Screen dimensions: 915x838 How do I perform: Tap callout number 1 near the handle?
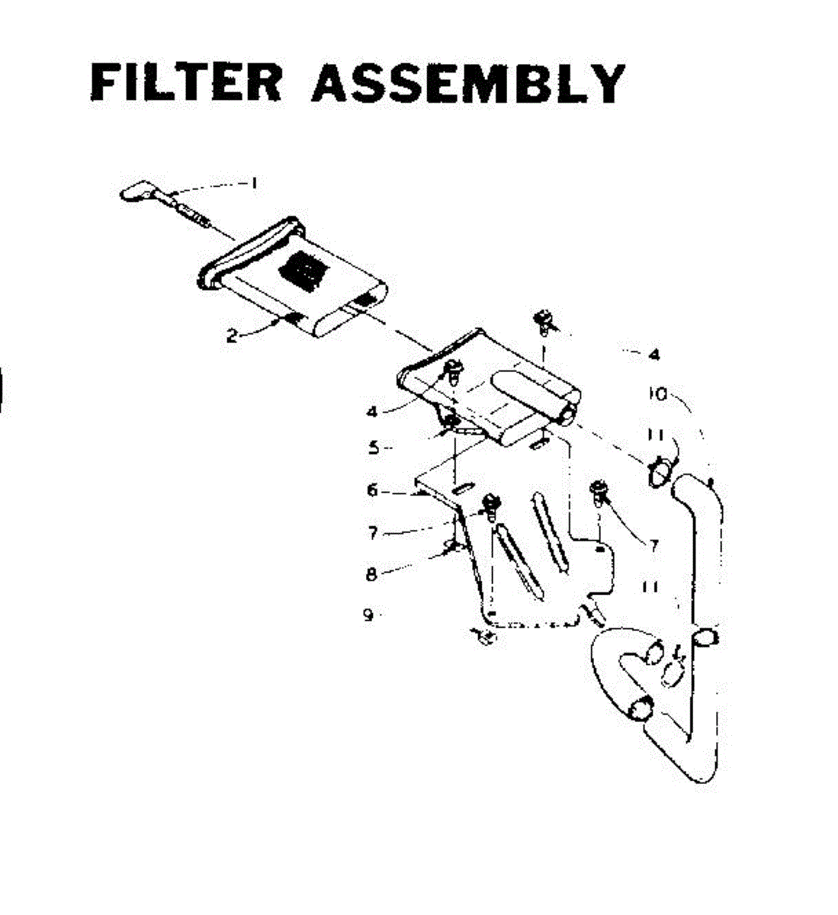pyautogui.click(x=253, y=183)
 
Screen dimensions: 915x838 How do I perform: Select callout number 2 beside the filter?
pyautogui.click(x=232, y=335)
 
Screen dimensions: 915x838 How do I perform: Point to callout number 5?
pyautogui.click(x=374, y=448)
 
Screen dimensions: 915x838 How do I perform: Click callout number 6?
pyautogui.click(x=372, y=491)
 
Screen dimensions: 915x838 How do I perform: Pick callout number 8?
pyautogui.click(x=371, y=575)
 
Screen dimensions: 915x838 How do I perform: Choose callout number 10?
pyautogui.click(x=656, y=394)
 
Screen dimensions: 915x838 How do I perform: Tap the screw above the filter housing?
pyautogui.click(x=545, y=320)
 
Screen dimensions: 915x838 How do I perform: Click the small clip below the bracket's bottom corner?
pyautogui.click(x=481, y=634)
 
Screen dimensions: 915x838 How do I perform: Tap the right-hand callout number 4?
pyautogui.click(x=654, y=355)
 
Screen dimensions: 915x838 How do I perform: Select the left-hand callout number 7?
pyautogui.click(x=373, y=533)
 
